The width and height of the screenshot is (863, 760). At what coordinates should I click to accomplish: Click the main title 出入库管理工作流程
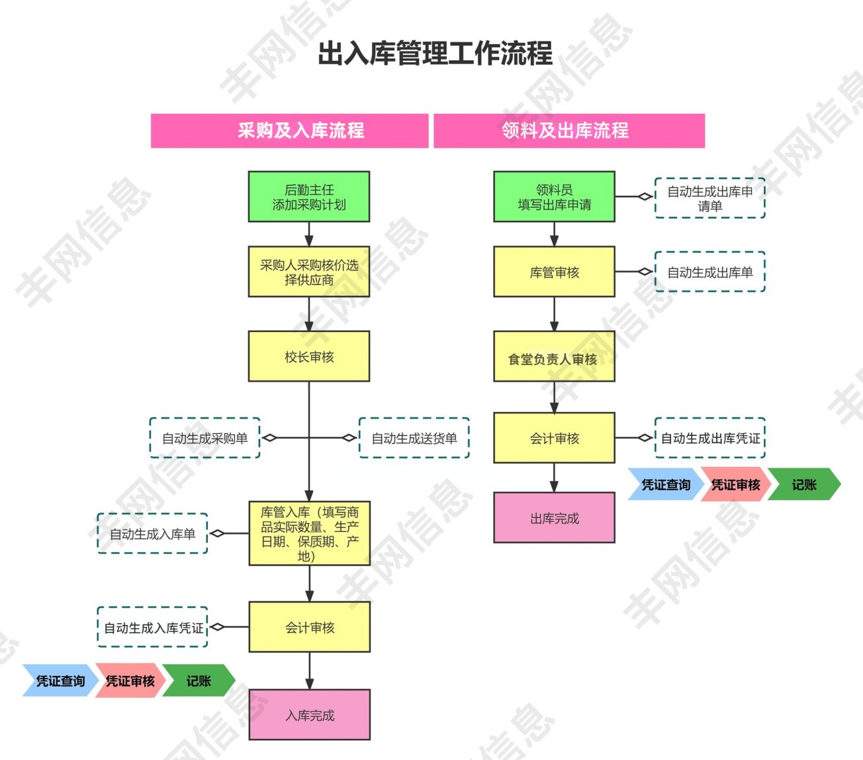pyautogui.click(x=435, y=54)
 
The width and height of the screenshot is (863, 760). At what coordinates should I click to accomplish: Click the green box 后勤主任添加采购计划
pyautogui.click(x=309, y=197)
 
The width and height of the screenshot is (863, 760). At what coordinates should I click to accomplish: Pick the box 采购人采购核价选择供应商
pyautogui.click(x=309, y=272)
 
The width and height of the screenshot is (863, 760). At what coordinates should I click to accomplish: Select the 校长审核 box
pyautogui.click(x=309, y=357)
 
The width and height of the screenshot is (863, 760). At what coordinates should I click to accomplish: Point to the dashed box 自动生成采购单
pyautogui.click(x=204, y=438)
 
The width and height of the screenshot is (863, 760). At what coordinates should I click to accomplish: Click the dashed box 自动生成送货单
pyautogui.click(x=414, y=438)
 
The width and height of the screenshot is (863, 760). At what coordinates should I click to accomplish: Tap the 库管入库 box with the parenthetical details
pyautogui.click(x=310, y=533)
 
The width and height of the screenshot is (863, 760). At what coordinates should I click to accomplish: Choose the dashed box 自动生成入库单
pyautogui.click(x=152, y=533)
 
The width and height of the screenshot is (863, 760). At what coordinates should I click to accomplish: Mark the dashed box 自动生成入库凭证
pyautogui.click(x=152, y=627)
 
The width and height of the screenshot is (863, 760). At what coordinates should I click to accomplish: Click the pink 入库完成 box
pyautogui.click(x=310, y=715)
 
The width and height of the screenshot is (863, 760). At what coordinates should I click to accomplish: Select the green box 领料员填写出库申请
pyautogui.click(x=554, y=197)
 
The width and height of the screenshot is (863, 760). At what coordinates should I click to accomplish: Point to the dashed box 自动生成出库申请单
pyautogui.click(x=709, y=198)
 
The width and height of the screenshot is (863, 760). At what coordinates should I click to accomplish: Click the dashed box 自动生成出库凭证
pyautogui.click(x=709, y=438)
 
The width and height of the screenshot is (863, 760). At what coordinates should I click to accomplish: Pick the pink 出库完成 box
pyautogui.click(x=554, y=518)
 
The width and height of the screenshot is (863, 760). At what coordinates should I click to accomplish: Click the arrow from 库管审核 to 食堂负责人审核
pyautogui.click(x=554, y=314)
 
